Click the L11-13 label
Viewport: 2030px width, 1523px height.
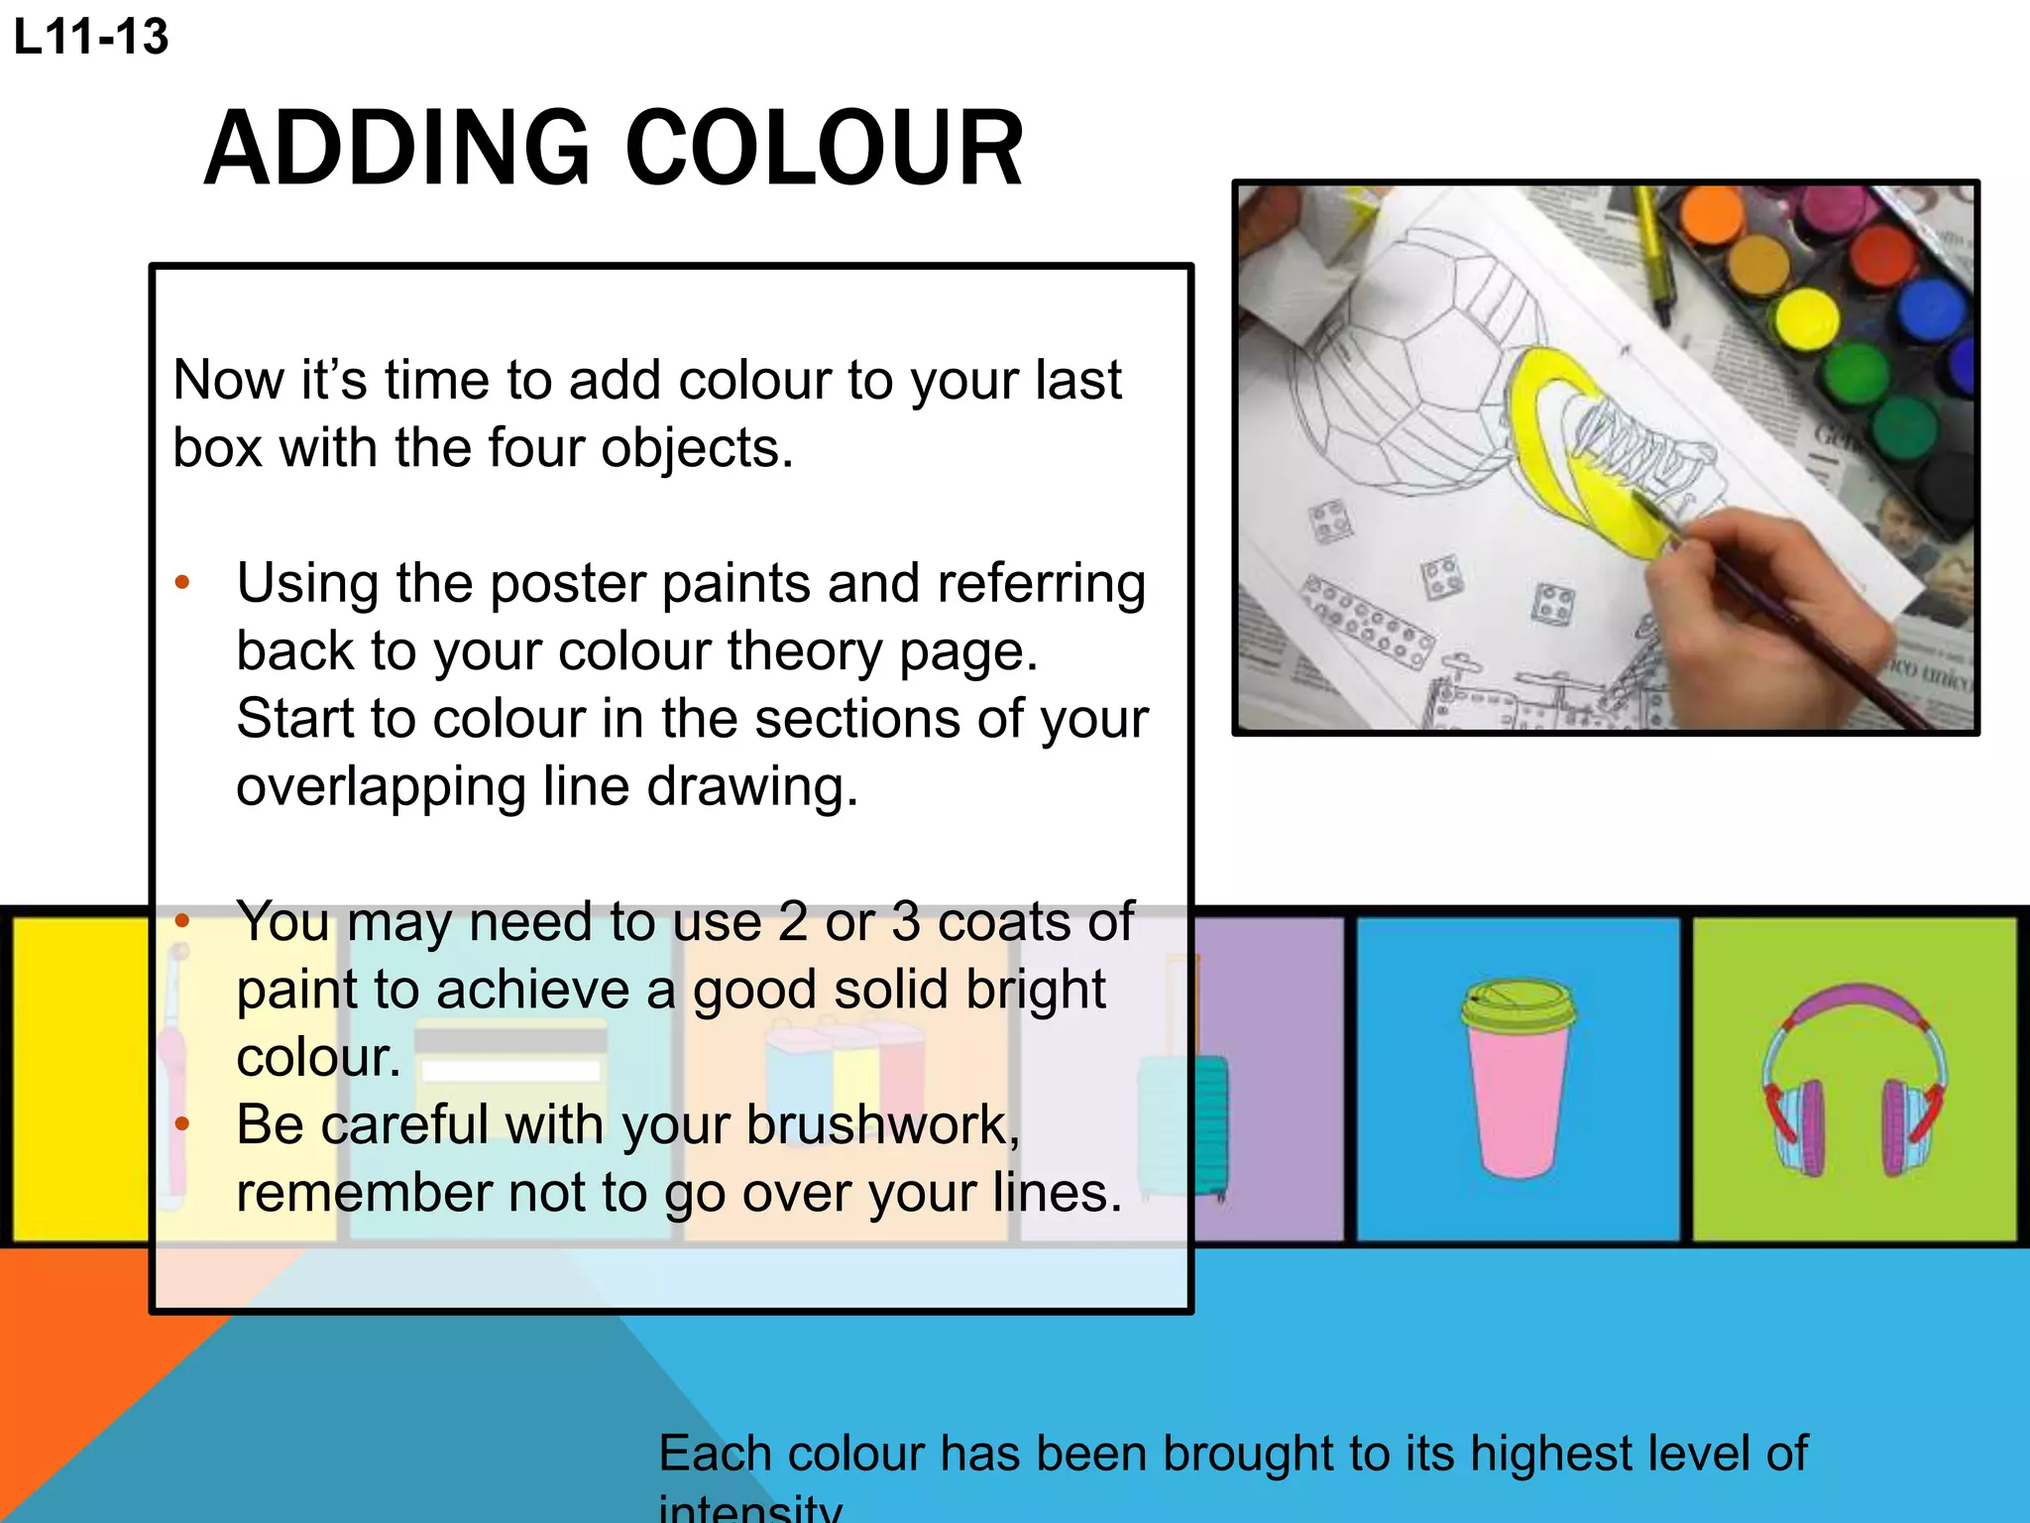[x=91, y=38]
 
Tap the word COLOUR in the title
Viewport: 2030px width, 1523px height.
[x=825, y=149]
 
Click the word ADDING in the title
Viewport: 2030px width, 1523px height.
[x=397, y=149]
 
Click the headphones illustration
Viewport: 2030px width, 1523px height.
[x=1854, y=1081]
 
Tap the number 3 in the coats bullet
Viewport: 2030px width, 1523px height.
[x=906, y=922]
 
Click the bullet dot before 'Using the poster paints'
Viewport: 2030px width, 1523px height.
[x=181, y=583]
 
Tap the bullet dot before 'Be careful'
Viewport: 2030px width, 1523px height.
[x=181, y=1124]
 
